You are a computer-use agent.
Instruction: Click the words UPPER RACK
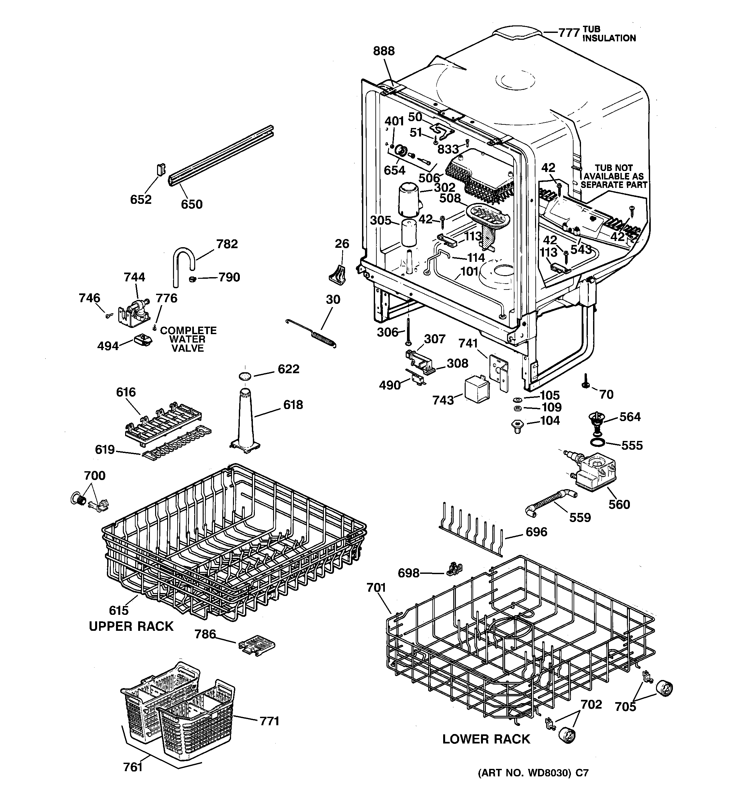pyautogui.click(x=131, y=626)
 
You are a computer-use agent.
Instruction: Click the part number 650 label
pyautogui.click(x=192, y=204)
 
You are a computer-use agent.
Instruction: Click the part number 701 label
pyautogui.click(x=376, y=587)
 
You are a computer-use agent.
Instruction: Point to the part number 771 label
pyautogui.click(x=269, y=721)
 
